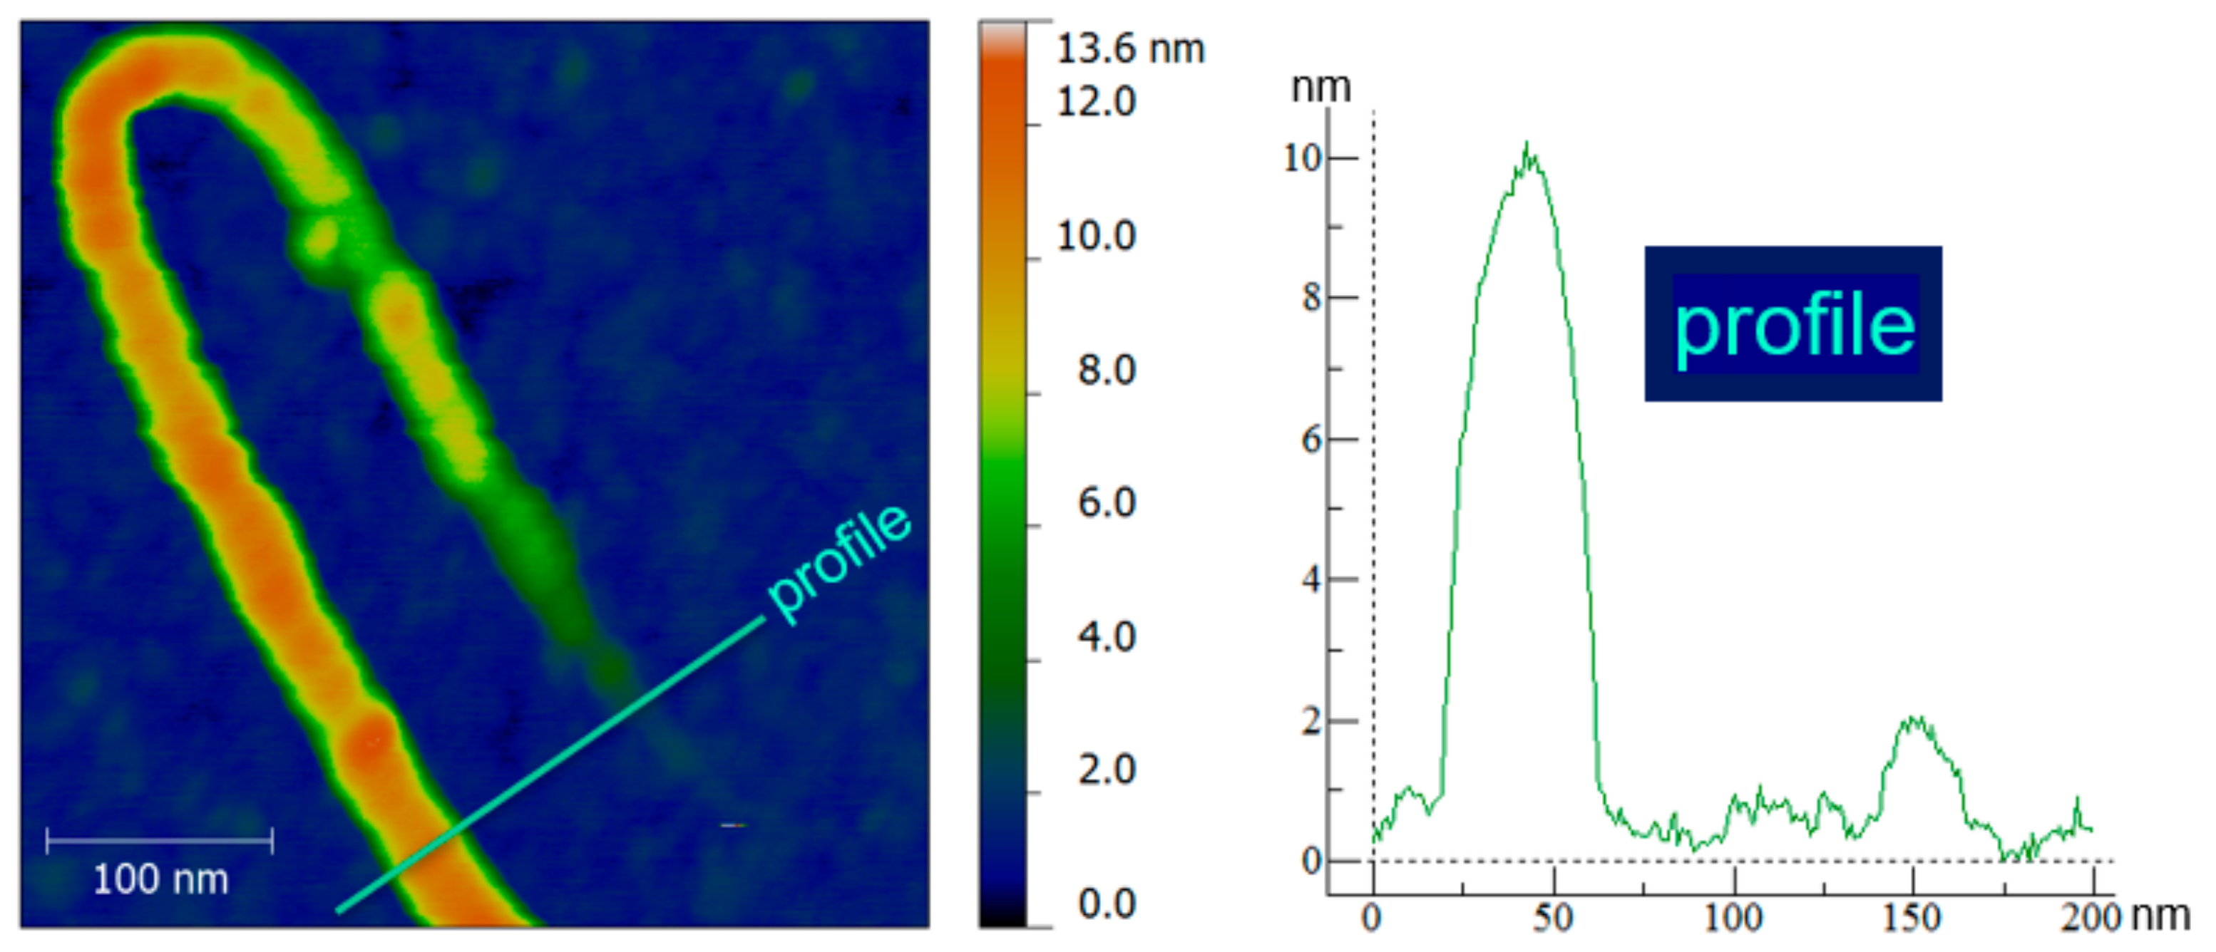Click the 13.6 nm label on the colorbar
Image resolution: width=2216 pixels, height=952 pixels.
click(1129, 49)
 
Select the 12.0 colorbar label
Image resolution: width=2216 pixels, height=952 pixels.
click(1096, 103)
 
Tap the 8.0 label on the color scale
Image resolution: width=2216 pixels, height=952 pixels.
click(1107, 370)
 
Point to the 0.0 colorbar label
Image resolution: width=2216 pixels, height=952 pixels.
click(1107, 904)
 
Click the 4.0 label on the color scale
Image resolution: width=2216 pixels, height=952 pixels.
click(1107, 637)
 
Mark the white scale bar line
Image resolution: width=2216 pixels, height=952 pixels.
click(159, 840)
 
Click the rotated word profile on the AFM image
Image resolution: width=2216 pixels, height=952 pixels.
click(838, 561)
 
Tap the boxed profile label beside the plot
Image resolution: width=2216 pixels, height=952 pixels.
click(1794, 324)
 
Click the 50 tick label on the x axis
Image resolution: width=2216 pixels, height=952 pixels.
click(1553, 919)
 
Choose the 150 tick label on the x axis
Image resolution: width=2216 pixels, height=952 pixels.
click(1912, 919)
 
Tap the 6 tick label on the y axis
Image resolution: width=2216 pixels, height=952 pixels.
click(1311, 440)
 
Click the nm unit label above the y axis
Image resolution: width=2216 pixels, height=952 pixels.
click(1320, 88)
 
